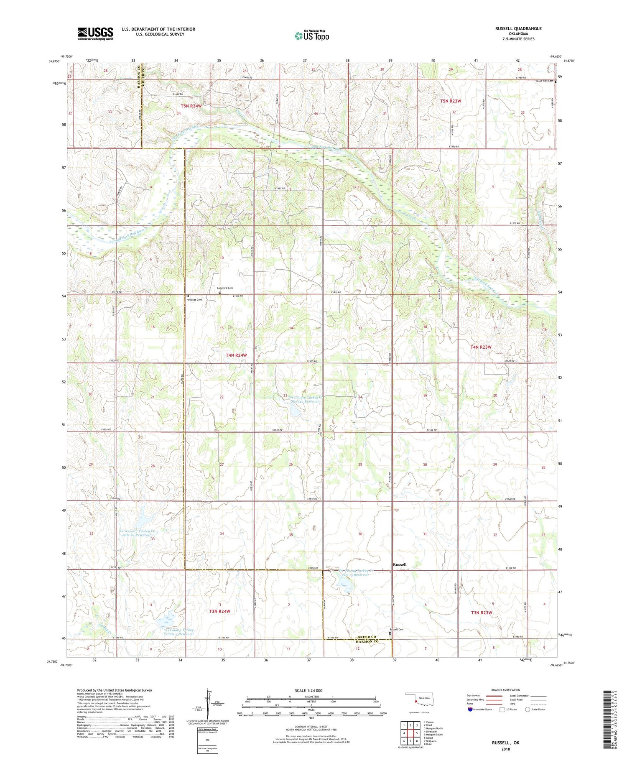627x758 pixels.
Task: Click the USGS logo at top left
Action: pos(95,33)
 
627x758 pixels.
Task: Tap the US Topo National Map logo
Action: pos(311,36)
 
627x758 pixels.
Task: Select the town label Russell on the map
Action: pos(399,564)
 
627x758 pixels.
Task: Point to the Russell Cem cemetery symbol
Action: pos(390,633)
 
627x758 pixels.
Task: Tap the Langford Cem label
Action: pos(224,288)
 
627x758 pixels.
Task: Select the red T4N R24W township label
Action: pos(236,355)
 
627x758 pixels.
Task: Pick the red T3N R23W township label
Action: pos(481,613)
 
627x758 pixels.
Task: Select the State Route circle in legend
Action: pos(528,710)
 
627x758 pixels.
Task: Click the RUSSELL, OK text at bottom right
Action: pos(505,743)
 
